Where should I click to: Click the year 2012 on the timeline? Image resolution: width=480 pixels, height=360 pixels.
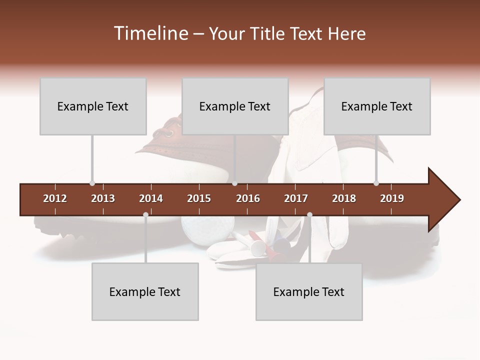tap(55, 198)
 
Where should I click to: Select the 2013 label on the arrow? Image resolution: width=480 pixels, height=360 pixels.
tap(103, 198)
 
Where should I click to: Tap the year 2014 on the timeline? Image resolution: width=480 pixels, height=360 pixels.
tap(151, 198)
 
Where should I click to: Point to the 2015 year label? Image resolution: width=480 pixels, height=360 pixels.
tap(199, 198)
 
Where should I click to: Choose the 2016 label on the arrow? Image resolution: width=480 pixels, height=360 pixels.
tap(248, 198)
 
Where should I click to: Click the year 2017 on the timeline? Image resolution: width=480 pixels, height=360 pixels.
tap(296, 198)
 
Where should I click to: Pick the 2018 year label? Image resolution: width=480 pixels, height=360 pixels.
tap(344, 198)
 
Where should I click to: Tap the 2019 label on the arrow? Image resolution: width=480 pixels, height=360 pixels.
tap(392, 198)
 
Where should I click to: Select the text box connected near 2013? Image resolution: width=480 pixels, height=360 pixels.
tap(93, 106)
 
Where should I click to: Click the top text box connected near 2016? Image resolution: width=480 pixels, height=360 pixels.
tap(235, 106)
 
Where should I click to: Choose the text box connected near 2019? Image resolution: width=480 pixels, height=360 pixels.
tap(377, 106)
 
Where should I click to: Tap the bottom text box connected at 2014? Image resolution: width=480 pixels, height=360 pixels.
tap(145, 292)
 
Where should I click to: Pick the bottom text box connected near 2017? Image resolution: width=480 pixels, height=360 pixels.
tap(309, 292)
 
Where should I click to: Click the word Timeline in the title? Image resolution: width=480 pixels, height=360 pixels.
tap(149, 33)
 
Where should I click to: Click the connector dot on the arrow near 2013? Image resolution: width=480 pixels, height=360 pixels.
tap(92, 183)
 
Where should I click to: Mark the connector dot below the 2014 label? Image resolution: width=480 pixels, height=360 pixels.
tap(145, 214)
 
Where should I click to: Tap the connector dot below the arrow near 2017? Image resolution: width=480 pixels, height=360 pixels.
tap(309, 214)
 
